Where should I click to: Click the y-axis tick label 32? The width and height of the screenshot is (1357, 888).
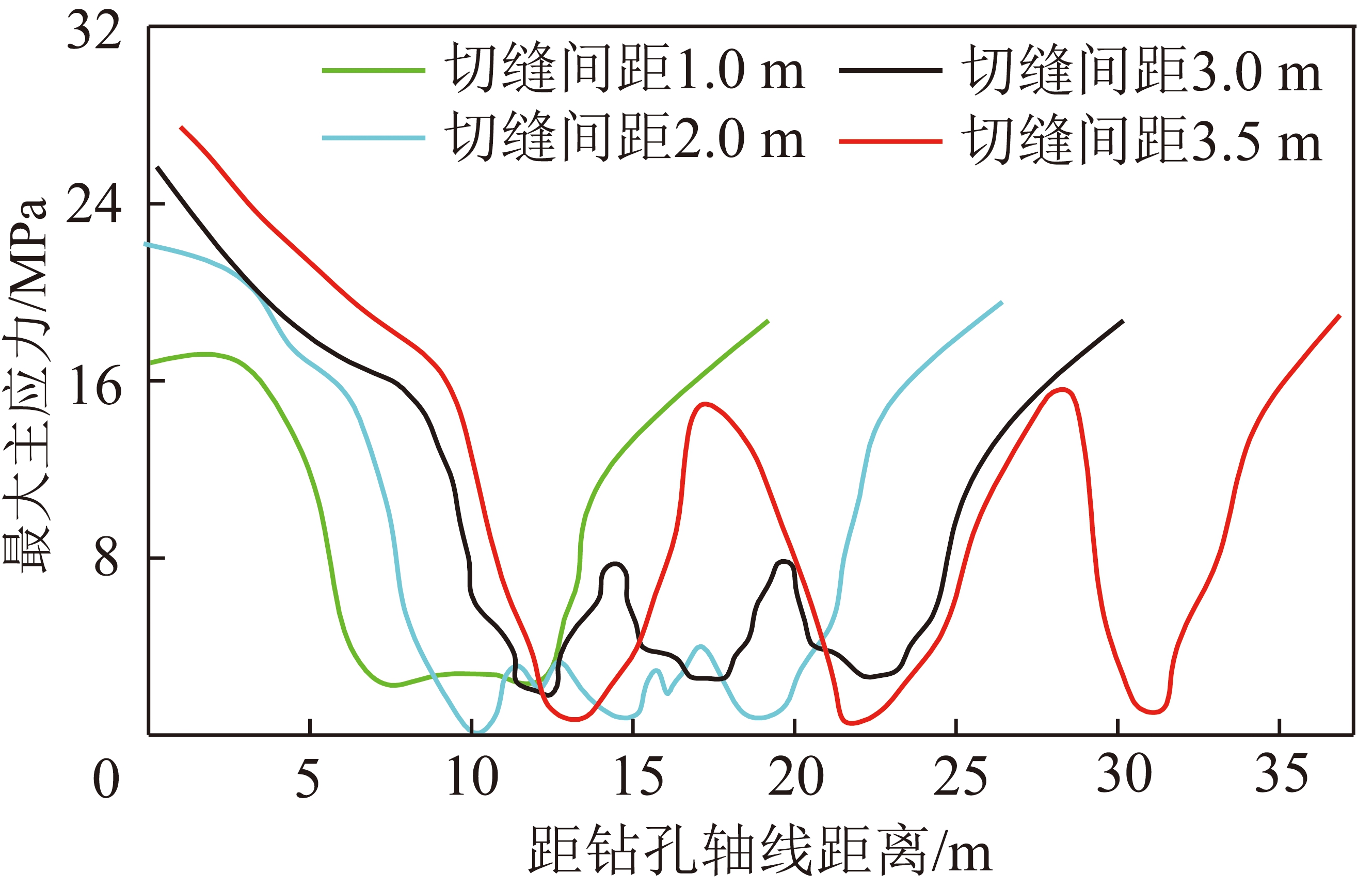(94, 31)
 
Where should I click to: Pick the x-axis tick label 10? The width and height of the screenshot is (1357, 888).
(472, 777)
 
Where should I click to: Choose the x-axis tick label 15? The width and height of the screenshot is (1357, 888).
(638, 777)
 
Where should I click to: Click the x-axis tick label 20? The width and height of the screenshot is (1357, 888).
(796, 777)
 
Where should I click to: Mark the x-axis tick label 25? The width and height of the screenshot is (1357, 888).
(960, 777)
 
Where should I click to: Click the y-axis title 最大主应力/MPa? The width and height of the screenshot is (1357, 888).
(26, 385)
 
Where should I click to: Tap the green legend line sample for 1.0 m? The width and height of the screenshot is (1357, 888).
(374, 71)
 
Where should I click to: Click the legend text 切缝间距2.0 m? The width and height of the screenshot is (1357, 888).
(625, 137)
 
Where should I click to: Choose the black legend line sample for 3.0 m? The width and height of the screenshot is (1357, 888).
(890, 71)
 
